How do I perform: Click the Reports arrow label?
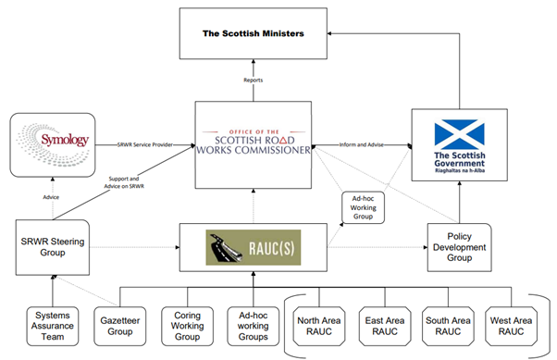(x=254, y=81)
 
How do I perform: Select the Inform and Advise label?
(x=363, y=145)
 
